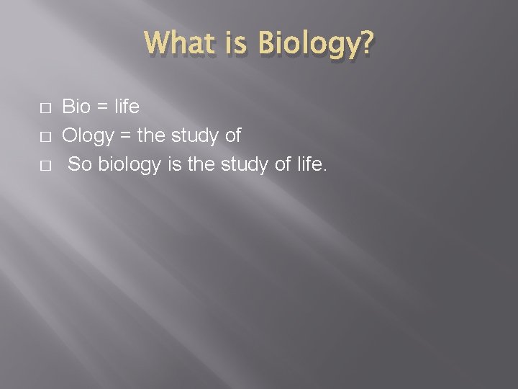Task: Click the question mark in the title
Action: pos(365,45)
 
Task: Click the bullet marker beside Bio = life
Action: pos(45,108)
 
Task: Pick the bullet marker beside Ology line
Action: pos(45,136)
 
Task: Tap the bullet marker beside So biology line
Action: pos(45,165)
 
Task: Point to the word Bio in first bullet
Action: pos(76,107)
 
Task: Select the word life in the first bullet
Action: pos(127,107)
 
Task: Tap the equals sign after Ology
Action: pos(124,136)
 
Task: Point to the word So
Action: pos(81,164)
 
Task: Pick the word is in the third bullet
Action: pos(175,164)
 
